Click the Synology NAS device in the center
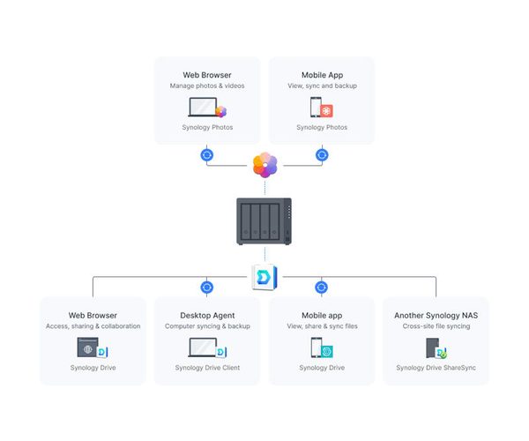264,222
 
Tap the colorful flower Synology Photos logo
264,164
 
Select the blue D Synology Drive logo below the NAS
264,276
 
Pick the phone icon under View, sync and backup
316,108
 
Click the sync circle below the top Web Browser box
207,155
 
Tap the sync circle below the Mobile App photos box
322,155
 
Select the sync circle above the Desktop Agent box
207,287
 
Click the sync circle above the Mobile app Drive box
322,287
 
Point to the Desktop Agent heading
207,315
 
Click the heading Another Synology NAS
436,315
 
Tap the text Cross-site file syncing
436,326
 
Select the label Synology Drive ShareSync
436,368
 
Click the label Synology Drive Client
207,368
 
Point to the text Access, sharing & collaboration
93,326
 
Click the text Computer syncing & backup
207,326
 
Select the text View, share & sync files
322,326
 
